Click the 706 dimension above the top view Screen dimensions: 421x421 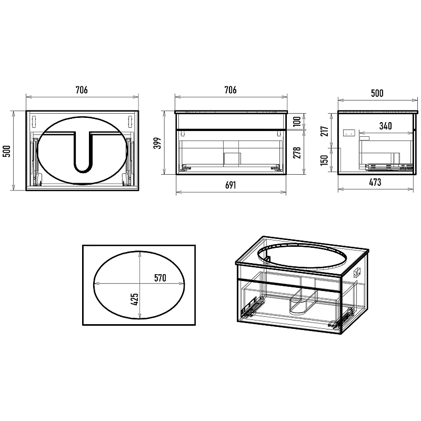coord(82,90)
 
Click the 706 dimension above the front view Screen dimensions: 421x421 coord(230,90)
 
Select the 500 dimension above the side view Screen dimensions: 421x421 coord(377,93)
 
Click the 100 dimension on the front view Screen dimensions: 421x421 coord(297,122)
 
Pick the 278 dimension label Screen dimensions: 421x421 coord(297,153)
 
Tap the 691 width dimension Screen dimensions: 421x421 coord(230,185)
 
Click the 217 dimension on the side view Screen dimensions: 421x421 coord(325,131)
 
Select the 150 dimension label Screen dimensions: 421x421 coord(325,160)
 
